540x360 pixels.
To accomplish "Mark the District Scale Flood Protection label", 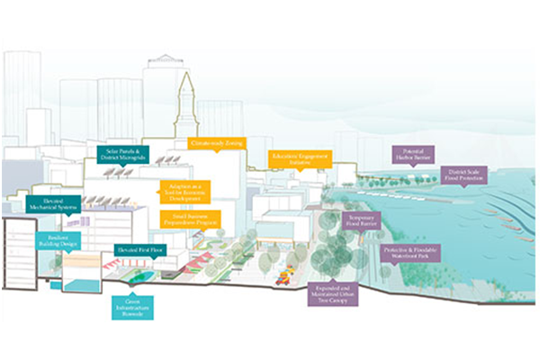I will click(466, 175).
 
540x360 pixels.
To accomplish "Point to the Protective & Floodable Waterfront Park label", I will click(402, 253).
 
